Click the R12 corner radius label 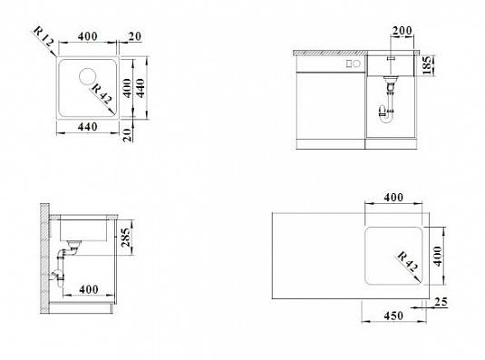click(43, 36)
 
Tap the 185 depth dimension click(428, 65)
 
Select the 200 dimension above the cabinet click(402, 31)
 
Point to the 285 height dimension click(126, 238)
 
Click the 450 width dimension click(393, 316)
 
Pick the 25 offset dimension click(441, 302)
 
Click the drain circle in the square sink click(88, 76)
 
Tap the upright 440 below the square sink click(88, 126)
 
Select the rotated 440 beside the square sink click(141, 89)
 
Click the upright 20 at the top click(134, 36)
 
